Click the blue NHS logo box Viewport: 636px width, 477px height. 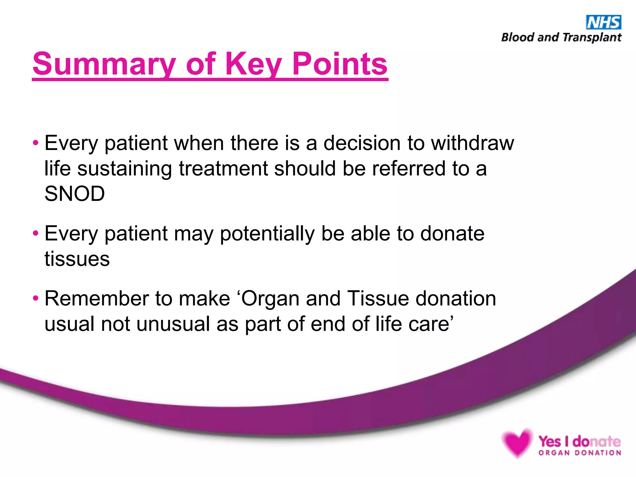coord(603,22)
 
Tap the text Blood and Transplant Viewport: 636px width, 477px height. coord(561,38)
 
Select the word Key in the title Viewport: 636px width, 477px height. coord(253,64)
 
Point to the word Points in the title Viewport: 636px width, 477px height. coord(340,64)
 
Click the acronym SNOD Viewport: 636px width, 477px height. coord(75,194)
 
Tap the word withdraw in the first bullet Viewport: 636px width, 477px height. coord(472,143)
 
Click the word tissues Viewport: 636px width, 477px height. coord(77,259)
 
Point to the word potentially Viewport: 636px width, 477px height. coord(267,234)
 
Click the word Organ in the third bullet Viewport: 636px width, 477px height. coord(270,299)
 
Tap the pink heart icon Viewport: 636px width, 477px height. coord(517,443)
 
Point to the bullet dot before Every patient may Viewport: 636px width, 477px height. coord(36,233)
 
